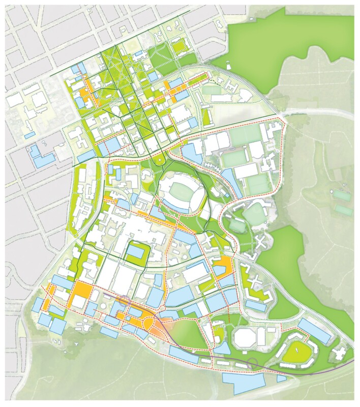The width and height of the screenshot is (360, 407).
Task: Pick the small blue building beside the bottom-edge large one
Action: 281,379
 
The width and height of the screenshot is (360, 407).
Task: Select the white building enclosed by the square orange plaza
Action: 79,301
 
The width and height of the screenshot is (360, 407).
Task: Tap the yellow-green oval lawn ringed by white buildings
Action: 295,350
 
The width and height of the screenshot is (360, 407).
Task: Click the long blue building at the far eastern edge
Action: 316,332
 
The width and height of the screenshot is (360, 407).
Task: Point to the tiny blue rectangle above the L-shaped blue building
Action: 29,135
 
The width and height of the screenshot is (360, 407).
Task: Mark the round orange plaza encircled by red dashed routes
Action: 151,324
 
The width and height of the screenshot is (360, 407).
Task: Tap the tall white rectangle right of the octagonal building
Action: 261,336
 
